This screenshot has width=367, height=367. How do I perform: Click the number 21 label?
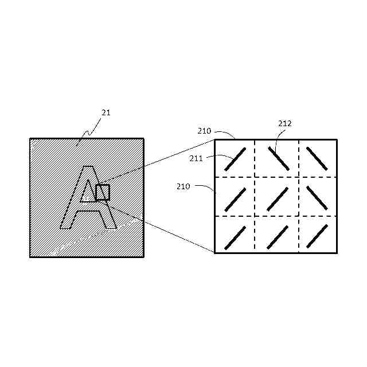tap(106, 113)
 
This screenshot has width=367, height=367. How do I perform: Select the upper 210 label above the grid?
tap(204, 131)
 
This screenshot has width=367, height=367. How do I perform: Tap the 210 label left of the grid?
tap(184, 186)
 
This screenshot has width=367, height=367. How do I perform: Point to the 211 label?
tap(196, 159)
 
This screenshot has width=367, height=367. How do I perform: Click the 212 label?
tap(285, 123)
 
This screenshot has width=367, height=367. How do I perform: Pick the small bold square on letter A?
tap(103, 192)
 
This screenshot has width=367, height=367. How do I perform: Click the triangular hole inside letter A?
tap(88, 193)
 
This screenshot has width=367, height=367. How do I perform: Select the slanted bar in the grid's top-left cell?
tap(235, 159)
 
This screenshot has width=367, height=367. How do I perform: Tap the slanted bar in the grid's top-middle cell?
tap(277, 159)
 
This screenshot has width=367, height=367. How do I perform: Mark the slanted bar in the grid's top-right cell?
tap(317, 159)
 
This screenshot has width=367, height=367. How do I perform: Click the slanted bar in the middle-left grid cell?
tap(235, 199)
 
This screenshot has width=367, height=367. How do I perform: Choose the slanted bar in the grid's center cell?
tap(277, 199)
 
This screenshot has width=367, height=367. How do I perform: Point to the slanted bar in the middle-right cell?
tap(317, 199)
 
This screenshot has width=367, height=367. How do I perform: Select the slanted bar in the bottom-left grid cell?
tap(235, 237)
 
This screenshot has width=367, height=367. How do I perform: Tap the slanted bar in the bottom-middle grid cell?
tap(277, 237)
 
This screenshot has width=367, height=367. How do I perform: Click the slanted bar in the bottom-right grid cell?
tap(317, 237)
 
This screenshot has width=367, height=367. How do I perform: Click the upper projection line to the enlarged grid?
tap(161, 162)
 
